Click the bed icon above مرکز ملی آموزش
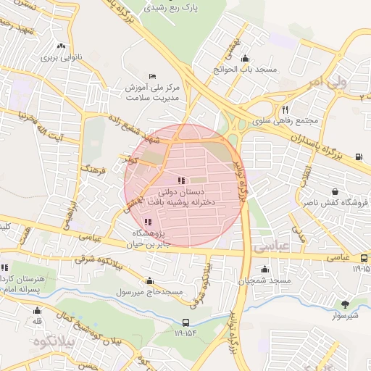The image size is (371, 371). pos(151,76)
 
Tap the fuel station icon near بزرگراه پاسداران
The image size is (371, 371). pos(359,155)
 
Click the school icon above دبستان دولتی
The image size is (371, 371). pos(180,180)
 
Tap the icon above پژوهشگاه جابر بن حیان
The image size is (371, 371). pos(149,222)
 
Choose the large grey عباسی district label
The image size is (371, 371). pos(272,247)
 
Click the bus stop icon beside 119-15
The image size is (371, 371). pos(364,258)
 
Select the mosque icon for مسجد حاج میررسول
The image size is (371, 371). pos(150,281)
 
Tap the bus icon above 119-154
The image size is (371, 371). pos(185,322)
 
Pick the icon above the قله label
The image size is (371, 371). pos(37,309)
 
